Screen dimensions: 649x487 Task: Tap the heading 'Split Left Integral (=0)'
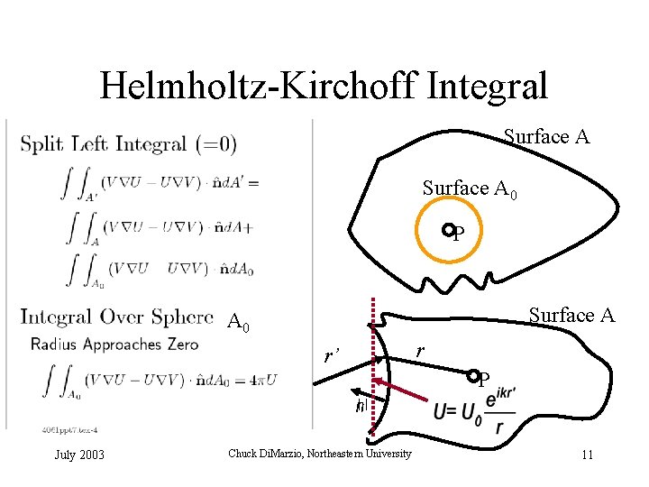click(129, 143)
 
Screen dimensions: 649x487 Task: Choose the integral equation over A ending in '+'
click(157, 226)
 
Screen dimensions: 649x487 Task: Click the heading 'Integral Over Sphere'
click(117, 317)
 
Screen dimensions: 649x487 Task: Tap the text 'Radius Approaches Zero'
click(107, 344)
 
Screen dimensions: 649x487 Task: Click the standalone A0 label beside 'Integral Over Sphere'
click(239, 321)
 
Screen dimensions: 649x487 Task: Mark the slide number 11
click(587, 454)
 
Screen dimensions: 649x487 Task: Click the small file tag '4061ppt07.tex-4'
click(69, 429)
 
